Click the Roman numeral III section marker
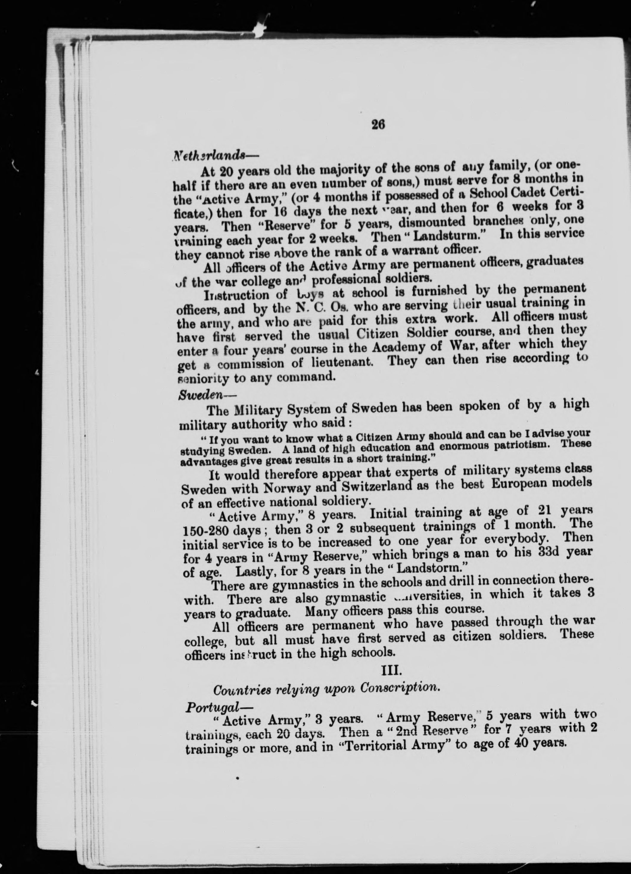click(x=392, y=671)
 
